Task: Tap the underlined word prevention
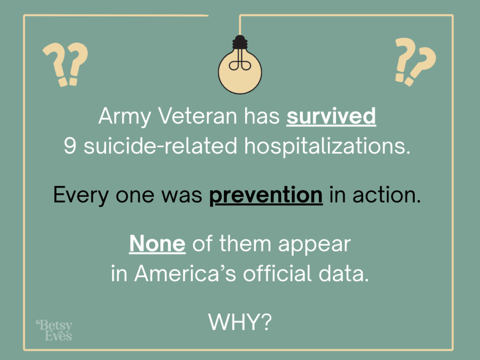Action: pyautogui.click(x=266, y=195)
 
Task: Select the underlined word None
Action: pyautogui.click(x=157, y=244)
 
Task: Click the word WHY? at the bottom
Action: pyautogui.click(x=240, y=322)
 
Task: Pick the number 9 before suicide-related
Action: pyautogui.click(x=69, y=146)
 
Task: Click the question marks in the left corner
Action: pyautogui.click(x=66, y=64)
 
